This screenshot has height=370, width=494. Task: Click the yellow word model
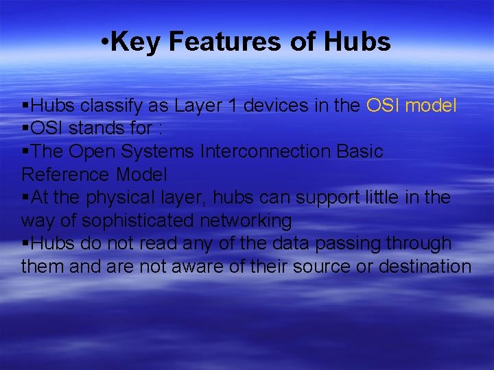pos(432,106)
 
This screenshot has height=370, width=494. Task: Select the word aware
pos(204,267)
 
